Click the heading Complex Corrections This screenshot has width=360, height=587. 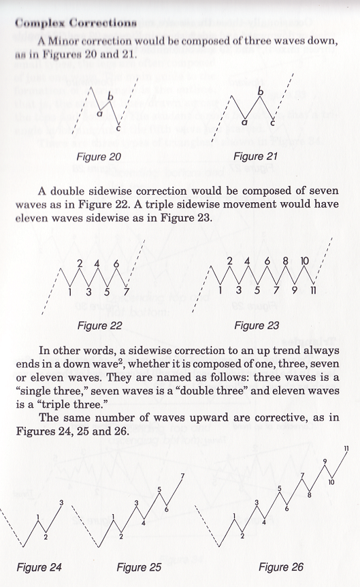[x=75, y=22]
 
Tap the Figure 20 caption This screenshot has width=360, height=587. [x=99, y=157]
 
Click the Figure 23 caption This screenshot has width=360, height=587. [x=257, y=326]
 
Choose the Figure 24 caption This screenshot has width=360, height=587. [x=40, y=567]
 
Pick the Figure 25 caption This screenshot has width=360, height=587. [x=142, y=567]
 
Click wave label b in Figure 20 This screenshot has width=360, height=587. [x=110, y=97]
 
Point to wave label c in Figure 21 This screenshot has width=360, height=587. [x=274, y=123]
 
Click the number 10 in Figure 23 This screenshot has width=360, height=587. [x=304, y=261]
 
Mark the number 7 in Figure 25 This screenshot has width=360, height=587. [x=182, y=475]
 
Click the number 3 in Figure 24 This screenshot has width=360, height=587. [x=62, y=503]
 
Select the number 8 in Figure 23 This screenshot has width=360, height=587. [x=286, y=261]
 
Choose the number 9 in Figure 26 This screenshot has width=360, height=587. [x=325, y=462]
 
